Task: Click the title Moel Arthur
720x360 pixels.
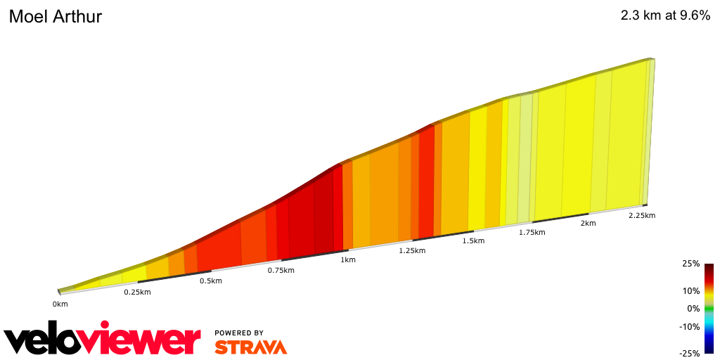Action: click(x=56, y=17)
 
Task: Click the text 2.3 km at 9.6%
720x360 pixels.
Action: click(x=665, y=16)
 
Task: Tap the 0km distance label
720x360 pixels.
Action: click(x=60, y=304)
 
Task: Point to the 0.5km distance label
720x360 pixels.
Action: click(x=210, y=281)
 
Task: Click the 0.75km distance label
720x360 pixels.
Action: click(x=281, y=271)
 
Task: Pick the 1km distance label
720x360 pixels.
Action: click(x=348, y=260)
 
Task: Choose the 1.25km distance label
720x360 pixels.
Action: click(x=411, y=250)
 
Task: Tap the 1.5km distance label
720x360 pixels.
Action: click(x=473, y=241)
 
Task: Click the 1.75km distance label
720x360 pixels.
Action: click(x=532, y=232)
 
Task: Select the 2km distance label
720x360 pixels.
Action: click(x=588, y=224)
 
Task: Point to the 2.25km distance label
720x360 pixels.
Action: click(x=641, y=215)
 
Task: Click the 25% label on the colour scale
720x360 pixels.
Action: click(x=690, y=264)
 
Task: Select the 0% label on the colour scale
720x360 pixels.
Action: click(x=693, y=309)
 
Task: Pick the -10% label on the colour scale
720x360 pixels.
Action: click(x=689, y=326)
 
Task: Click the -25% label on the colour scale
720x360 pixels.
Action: click(x=689, y=354)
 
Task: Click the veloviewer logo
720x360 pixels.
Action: click(x=102, y=340)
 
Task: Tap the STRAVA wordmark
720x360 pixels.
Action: click(x=250, y=347)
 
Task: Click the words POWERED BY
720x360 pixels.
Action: click(x=239, y=333)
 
